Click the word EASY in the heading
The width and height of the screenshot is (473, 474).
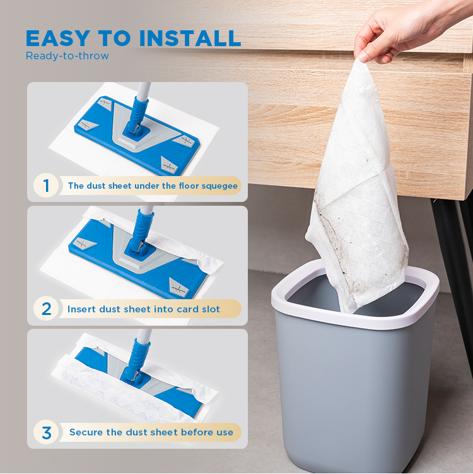[x=57, y=39]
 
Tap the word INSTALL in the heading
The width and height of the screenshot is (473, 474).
[x=190, y=39]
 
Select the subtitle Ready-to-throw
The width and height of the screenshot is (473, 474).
[x=67, y=56]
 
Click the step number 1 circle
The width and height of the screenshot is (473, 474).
[x=46, y=186]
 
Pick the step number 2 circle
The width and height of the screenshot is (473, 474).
[x=46, y=309]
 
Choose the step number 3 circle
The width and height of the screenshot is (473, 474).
[x=46, y=432]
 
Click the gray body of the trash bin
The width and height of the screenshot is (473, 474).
[x=355, y=393]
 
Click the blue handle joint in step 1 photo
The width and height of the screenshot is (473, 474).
[x=137, y=116]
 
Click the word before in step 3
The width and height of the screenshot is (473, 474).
[x=193, y=432]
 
